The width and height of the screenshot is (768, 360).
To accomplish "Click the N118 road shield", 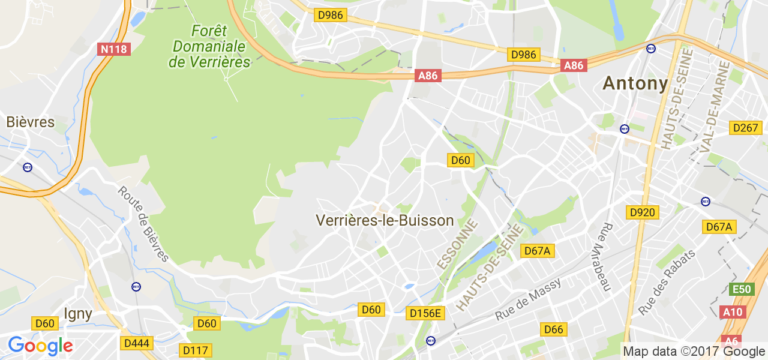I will [113, 49].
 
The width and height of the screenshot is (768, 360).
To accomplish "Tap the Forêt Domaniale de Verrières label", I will [209, 46].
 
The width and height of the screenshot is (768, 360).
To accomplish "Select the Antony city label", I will [635, 83].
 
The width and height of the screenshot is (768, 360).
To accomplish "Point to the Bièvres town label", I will [30, 122].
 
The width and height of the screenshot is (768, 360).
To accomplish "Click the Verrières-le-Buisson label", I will [385, 220].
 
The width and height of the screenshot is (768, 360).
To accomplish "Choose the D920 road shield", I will [642, 212].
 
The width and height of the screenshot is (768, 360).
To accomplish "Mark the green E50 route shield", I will [742, 289].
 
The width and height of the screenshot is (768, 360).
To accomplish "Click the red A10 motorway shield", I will [732, 311].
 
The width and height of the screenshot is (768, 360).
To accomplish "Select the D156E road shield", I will [425, 313].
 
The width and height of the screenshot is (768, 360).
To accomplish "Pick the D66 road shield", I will [554, 329].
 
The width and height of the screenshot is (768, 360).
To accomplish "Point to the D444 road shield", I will [137, 343].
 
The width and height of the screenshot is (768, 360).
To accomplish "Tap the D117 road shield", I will [196, 349].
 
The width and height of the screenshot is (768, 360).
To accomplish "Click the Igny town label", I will [78, 313].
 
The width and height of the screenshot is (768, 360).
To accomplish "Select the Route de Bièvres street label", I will [143, 224].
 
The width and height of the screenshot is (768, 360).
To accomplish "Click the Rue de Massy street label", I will [528, 299].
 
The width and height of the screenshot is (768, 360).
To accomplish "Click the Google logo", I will [40, 346].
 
